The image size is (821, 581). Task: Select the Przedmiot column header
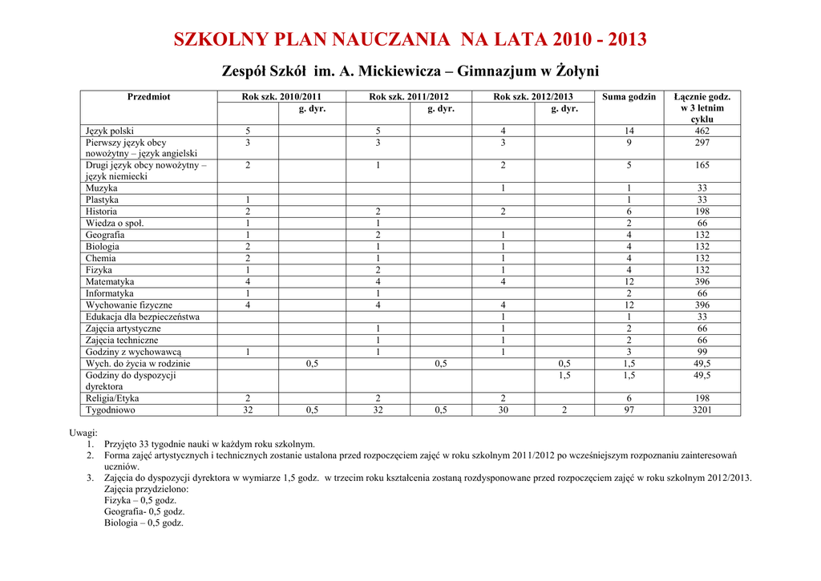pyautogui.click(x=148, y=97)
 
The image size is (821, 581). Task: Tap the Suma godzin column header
pyautogui.click(x=629, y=97)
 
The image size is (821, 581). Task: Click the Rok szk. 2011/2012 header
pyautogui.click(x=409, y=97)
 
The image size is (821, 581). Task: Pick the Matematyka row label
pyautogui.click(x=110, y=282)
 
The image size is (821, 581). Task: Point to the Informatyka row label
pyautogui.click(x=110, y=294)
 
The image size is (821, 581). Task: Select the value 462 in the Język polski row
pyautogui.click(x=702, y=131)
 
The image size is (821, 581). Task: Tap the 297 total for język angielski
pyautogui.click(x=702, y=143)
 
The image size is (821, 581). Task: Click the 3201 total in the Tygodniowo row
pyautogui.click(x=702, y=410)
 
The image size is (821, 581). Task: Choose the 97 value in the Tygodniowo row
pyautogui.click(x=629, y=410)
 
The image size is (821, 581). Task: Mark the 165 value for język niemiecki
pyautogui.click(x=702, y=166)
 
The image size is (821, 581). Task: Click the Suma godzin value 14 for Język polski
pyautogui.click(x=629, y=131)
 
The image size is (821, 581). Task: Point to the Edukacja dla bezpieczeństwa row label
pyautogui.click(x=143, y=317)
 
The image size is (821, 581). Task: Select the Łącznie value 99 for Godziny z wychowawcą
pyautogui.click(x=702, y=352)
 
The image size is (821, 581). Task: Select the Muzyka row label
pyautogui.click(x=102, y=188)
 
